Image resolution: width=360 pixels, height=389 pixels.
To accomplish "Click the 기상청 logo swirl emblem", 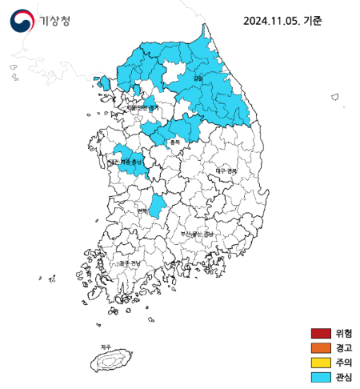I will [x=23, y=20].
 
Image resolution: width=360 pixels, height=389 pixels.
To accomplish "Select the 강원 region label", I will [x=198, y=78].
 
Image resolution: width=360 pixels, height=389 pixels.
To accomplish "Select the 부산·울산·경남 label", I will [x=197, y=234].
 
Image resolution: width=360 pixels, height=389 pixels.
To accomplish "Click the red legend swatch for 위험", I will [x=320, y=333].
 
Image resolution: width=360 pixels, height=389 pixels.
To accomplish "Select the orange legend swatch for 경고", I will [x=320, y=347].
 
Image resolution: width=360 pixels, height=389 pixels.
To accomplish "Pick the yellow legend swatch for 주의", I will [x=320, y=362].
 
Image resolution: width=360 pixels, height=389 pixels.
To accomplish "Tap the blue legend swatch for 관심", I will [x=320, y=376].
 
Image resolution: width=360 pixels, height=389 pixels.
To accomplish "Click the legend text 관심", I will [x=344, y=376].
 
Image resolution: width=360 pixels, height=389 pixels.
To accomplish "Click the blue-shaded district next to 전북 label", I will [x=158, y=206].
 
